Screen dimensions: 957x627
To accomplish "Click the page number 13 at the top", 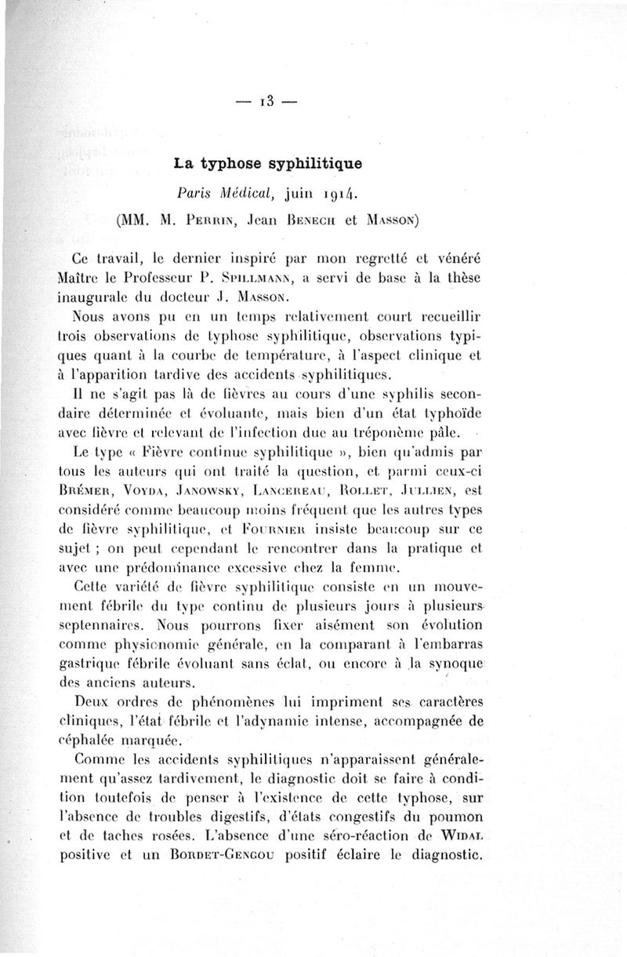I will [269, 102].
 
